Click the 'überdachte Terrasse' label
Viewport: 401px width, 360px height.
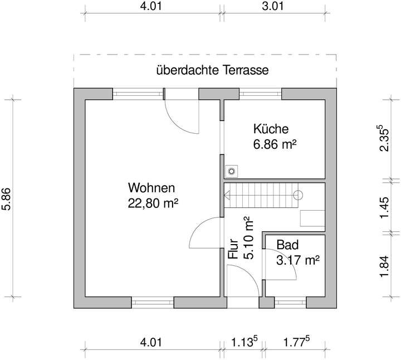(x=213, y=71)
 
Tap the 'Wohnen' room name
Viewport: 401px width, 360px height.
(x=151, y=188)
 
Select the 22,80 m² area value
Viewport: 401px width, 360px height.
(x=153, y=203)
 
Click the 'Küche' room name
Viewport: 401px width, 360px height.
(x=271, y=129)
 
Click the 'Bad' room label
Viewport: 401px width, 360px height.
(x=287, y=245)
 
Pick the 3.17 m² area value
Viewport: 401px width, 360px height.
(x=297, y=260)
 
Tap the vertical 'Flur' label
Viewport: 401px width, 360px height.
(x=233, y=250)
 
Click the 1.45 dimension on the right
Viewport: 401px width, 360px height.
(x=384, y=207)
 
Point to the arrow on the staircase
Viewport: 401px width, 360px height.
(x=227, y=195)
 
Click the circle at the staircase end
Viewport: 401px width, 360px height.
(x=298, y=195)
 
